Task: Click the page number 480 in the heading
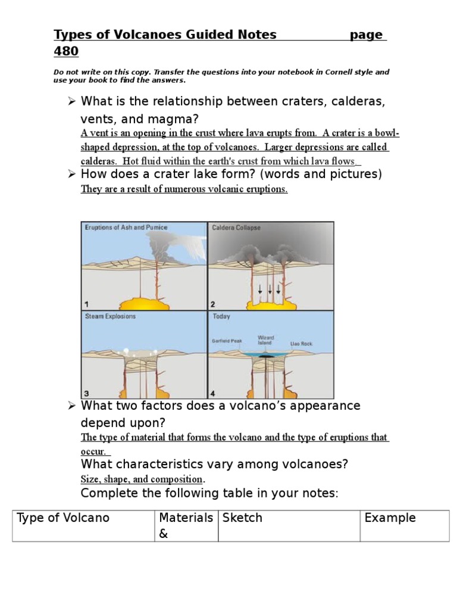coord(66,51)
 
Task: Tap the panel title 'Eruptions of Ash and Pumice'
coord(126,228)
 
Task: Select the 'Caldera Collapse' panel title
coord(236,228)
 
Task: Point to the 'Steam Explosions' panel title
coord(110,316)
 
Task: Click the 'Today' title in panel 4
coord(221,316)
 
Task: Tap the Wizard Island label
coord(266,340)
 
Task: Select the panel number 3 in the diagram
coord(86,393)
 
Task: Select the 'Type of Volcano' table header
coord(64,518)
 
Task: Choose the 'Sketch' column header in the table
coord(242,518)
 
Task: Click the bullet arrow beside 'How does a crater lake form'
coord(71,174)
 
